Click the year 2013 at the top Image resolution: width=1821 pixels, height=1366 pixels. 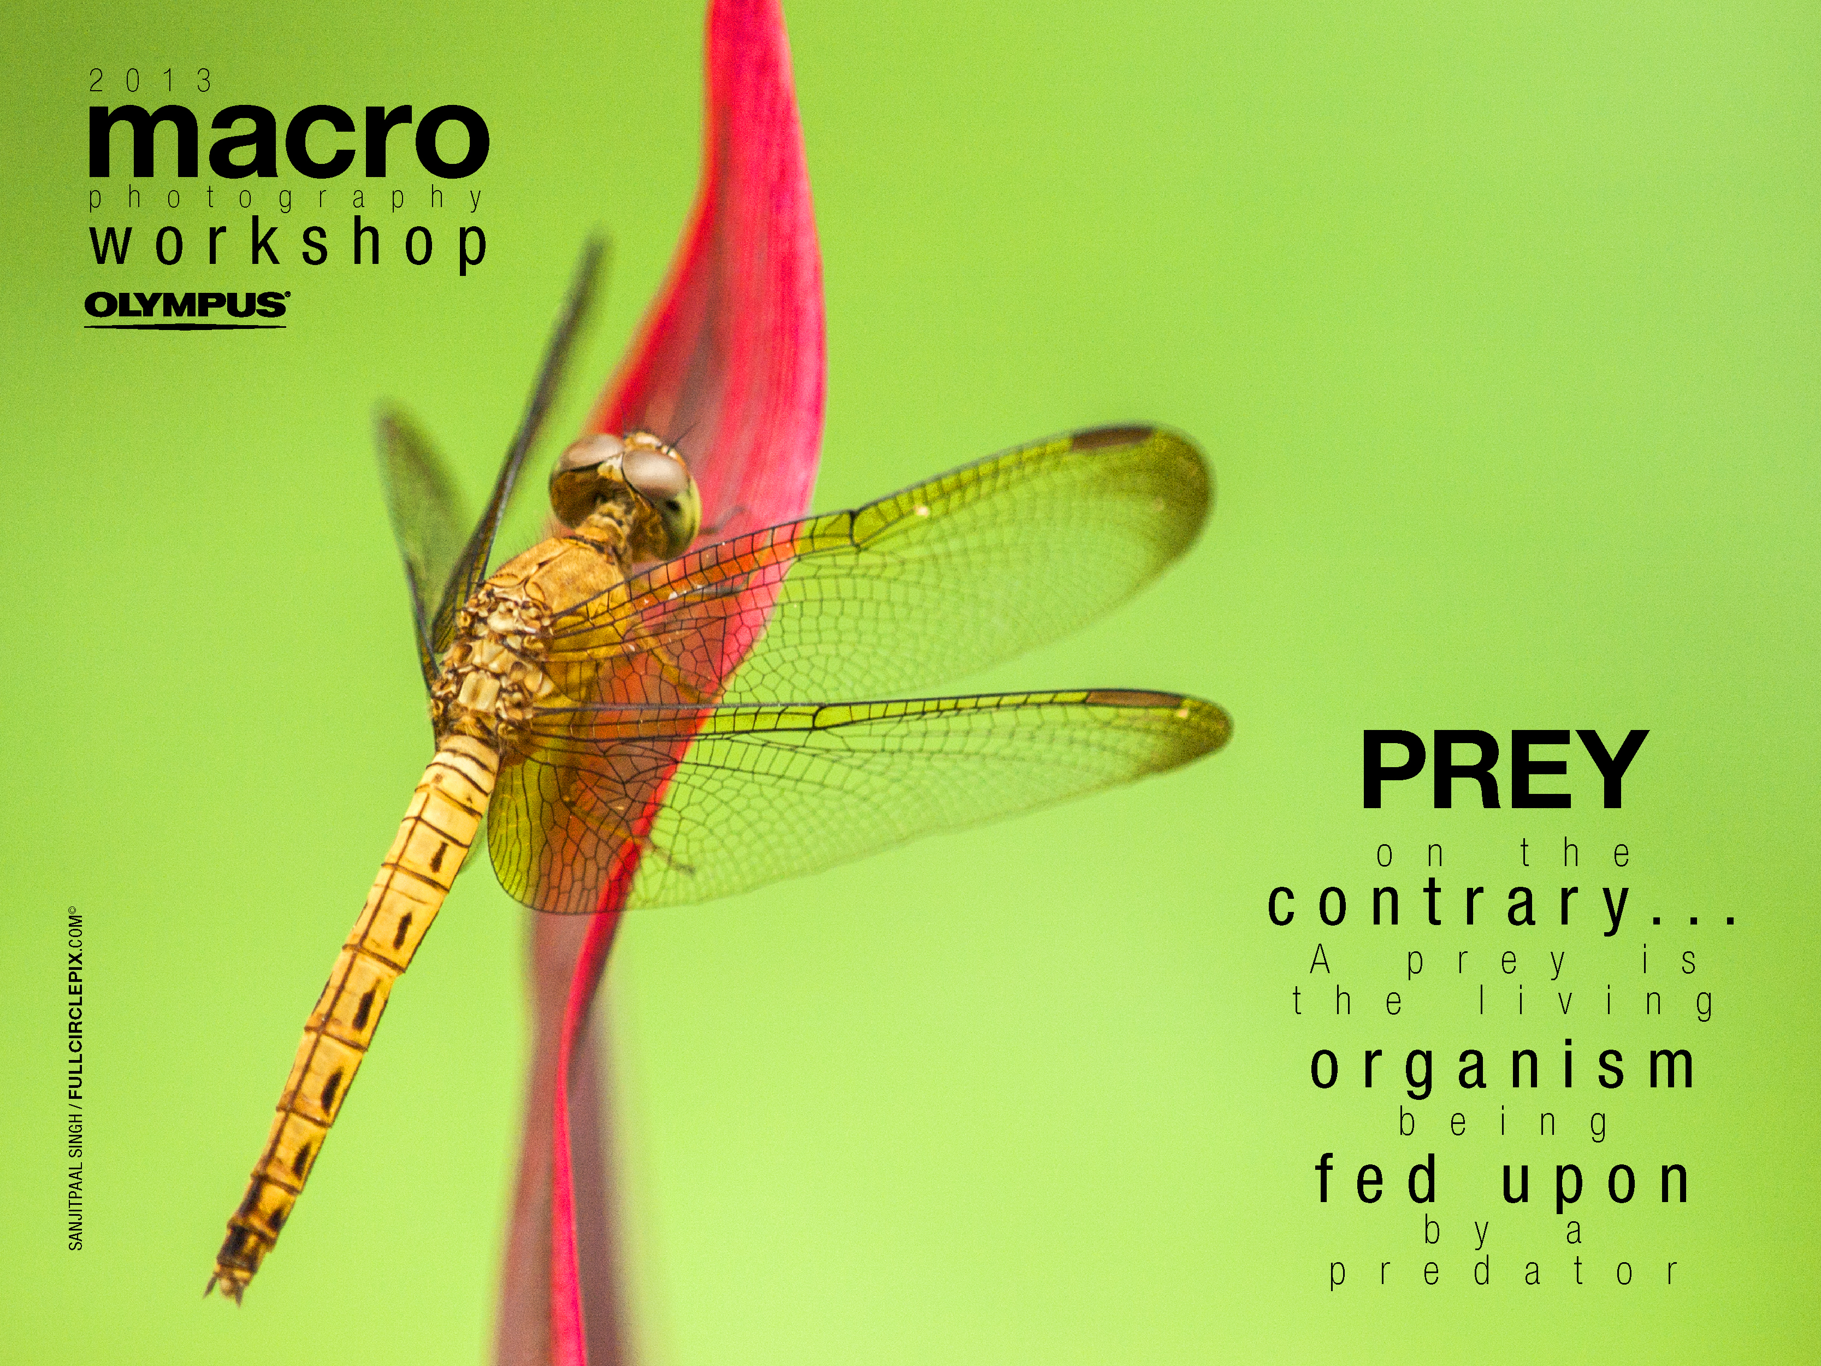click(151, 81)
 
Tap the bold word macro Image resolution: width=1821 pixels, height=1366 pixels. click(288, 139)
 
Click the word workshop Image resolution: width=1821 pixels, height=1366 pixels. click(289, 245)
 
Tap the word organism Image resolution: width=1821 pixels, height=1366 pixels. click(1503, 1068)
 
